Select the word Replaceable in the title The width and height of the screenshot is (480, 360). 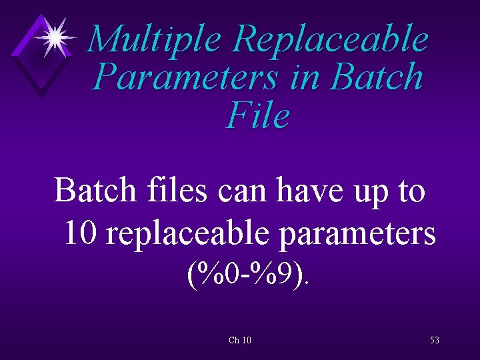[x=330, y=39]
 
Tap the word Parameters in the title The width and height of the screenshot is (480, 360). [x=185, y=77]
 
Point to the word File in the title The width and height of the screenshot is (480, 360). [x=259, y=115]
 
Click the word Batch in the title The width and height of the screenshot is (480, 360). [x=377, y=77]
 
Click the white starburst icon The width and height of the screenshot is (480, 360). [x=56, y=37]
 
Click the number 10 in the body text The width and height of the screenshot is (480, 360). [x=81, y=233]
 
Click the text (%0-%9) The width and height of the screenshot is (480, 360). [x=248, y=273]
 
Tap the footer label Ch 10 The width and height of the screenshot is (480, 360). [x=240, y=340]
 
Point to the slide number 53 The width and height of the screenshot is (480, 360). [x=435, y=340]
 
